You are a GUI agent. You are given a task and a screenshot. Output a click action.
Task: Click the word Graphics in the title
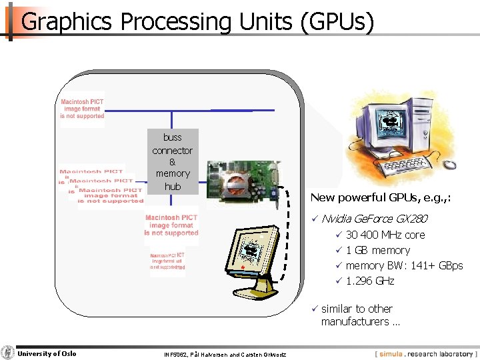tap(66, 22)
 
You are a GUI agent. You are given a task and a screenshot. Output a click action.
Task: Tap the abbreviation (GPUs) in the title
tap(337, 22)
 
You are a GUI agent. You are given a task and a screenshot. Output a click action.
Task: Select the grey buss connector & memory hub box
tap(172, 161)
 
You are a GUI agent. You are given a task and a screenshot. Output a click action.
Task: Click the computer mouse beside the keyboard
tap(451, 164)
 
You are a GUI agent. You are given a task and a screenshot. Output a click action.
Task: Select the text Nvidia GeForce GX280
tap(374, 219)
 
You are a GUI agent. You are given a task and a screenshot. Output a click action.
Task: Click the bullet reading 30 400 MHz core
tap(385, 235)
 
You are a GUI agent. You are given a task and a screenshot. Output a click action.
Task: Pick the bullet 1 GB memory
tap(377, 250)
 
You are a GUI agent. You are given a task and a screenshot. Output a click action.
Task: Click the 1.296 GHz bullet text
tap(369, 281)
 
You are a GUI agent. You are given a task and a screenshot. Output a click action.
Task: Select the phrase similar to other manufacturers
tap(360, 315)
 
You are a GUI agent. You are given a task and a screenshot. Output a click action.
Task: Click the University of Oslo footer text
tap(47, 353)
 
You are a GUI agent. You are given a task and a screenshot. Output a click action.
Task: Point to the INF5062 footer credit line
tap(225, 354)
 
